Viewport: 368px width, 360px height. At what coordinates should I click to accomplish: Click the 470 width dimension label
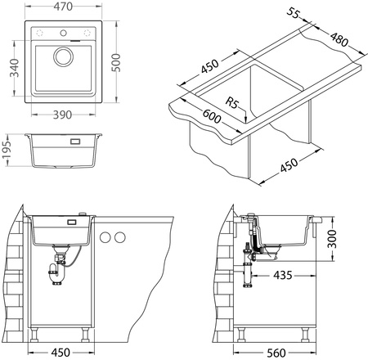click(x=63, y=7)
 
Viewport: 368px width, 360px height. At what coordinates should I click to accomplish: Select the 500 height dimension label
click(x=116, y=63)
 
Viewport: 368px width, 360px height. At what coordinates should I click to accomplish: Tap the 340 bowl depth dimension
click(x=14, y=68)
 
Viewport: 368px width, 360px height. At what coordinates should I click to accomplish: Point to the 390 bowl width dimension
click(x=62, y=115)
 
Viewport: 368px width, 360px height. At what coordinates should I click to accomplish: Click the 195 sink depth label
click(x=7, y=150)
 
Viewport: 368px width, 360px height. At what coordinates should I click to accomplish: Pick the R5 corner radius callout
click(x=232, y=103)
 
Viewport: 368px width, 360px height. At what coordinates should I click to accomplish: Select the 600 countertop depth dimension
click(x=212, y=116)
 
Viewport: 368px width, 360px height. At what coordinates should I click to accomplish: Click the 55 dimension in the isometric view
click(x=294, y=13)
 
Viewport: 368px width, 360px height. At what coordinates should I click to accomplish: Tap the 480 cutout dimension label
click(x=339, y=39)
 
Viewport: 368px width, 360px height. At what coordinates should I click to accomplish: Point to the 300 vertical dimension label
click(x=332, y=239)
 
